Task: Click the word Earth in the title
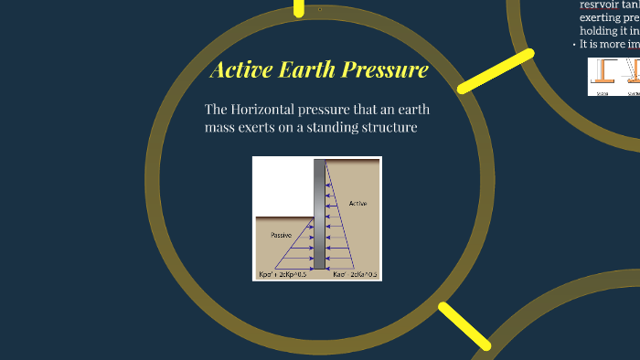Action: point(306,70)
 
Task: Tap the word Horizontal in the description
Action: point(271,110)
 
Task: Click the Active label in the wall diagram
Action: point(357,203)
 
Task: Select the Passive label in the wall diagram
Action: point(282,235)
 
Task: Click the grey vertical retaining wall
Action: point(319,215)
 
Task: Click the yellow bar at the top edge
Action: point(299,8)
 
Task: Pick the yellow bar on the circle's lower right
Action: point(464,326)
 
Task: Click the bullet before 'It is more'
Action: point(574,44)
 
